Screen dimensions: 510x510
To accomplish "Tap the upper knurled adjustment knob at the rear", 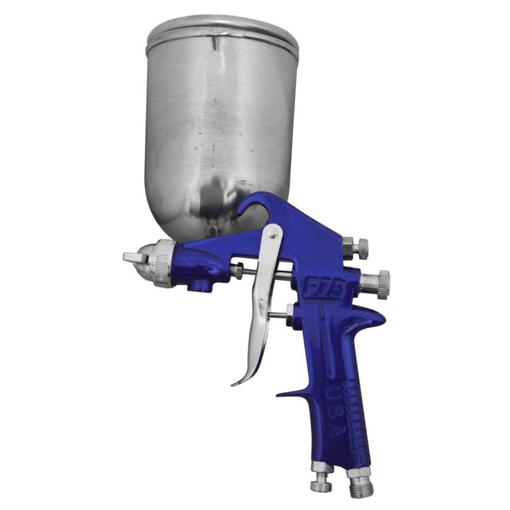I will pos(363,248).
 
